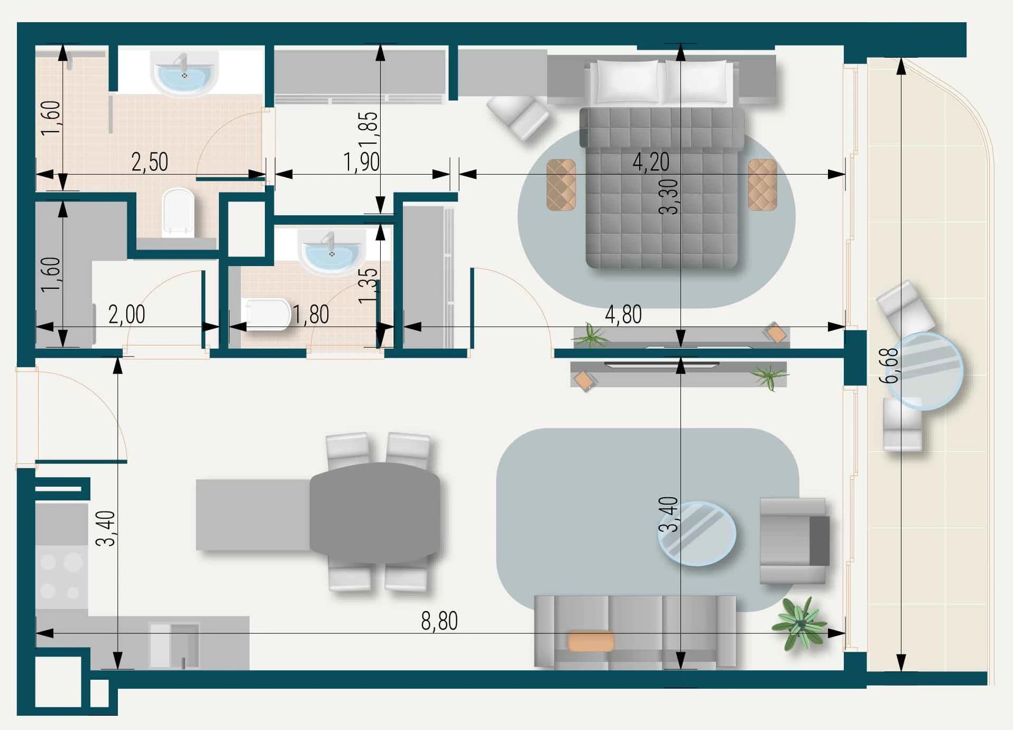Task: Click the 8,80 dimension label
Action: (x=439, y=620)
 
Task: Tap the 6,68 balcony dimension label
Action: (x=889, y=365)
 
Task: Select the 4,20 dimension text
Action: (x=651, y=161)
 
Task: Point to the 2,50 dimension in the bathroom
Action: (x=150, y=162)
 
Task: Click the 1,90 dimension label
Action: (x=361, y=162)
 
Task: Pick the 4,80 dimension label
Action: (x=623, y=315)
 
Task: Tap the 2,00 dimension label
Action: (x=126, y=315)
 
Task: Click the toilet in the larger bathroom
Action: (x=178, y=213)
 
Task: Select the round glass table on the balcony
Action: (x=925, y=371)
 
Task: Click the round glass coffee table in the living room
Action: (x=697, y=534)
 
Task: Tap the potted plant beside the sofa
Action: (x=800, y=623)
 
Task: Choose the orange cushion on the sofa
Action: (x=591, y=641)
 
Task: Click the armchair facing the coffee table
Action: (x=794, y=541)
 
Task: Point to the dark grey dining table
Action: (x=375, y=513)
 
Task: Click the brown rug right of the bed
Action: (x=762, y=185)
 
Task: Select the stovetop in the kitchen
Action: (x=61, y=577)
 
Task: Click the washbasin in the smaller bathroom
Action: (x=331, y=250)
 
